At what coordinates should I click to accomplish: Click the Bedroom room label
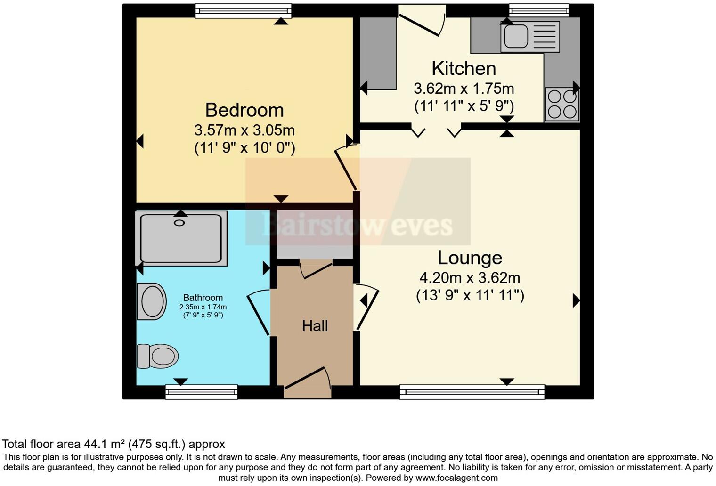[244, 110]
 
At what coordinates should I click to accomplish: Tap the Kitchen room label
[464, 69]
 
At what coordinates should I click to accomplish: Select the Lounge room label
[470, 258]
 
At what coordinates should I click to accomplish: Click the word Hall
[315, 326]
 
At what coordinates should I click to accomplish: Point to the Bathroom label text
[203, 298]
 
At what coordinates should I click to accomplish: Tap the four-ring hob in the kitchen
[562, 104]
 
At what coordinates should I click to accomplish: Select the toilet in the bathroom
[158, 356]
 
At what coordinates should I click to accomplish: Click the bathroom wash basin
[152, 301]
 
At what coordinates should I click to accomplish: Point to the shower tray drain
[179, 223]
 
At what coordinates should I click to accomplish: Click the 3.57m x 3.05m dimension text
[244, 130]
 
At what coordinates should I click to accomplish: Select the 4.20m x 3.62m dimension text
[470, 278]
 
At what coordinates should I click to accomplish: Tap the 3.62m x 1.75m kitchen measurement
[464, 89]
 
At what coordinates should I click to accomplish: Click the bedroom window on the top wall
[243, 10]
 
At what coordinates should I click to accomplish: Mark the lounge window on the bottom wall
[472, 392]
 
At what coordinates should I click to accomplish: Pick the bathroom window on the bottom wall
[201, 392]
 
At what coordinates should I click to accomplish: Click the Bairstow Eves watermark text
[357, 225]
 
